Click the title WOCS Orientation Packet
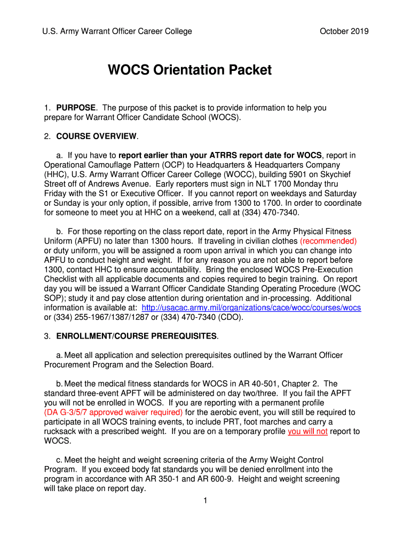[189, 70]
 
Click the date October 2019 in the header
[344, 31]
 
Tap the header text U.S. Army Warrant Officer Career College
[117, 31]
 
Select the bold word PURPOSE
[76, 108]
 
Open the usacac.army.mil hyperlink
[251, 308]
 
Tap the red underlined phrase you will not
[307, 432]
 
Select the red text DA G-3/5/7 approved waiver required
[113, 413]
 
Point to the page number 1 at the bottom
[205, 500]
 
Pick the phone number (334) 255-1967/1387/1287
[102, 318]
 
